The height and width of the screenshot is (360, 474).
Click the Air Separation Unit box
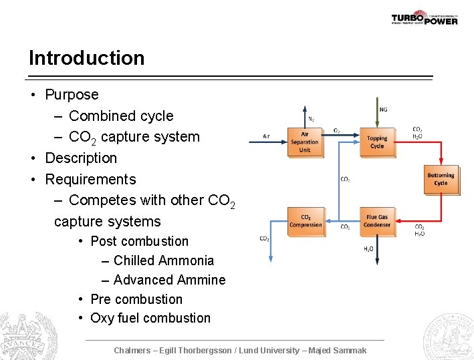click(305, 142)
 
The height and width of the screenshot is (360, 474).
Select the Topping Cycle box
click(377, 142)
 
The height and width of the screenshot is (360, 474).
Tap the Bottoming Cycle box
click(441, 179)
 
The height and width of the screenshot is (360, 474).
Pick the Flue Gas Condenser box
click(377, 221)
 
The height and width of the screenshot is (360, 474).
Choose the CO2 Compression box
click(306, 221)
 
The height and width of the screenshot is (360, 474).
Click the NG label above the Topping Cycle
click(383, 110)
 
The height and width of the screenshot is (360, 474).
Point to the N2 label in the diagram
click(311, 119)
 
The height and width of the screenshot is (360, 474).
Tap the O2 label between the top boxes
click(336, 131)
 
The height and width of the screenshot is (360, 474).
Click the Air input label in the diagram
click(266, 136)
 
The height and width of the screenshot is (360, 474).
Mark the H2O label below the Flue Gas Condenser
click(368, 249)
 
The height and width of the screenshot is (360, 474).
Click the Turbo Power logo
click(424, 18)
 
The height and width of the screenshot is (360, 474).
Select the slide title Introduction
click(86, 58)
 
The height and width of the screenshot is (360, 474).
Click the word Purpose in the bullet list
click(72, 95)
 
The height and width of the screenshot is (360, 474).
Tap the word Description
click(81, 158)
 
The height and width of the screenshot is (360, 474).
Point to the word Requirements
click(90, 180)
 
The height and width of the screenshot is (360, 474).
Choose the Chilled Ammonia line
click(164, 260)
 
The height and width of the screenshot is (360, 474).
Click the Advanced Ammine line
click(169, 280)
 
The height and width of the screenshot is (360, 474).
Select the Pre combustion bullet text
click(136, 299)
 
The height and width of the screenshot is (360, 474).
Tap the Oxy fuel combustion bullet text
click(150, 318)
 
